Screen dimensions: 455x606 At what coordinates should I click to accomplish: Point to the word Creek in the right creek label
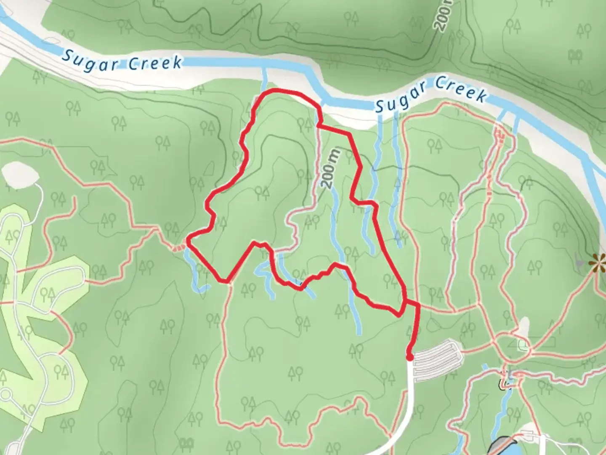tap(461, 89)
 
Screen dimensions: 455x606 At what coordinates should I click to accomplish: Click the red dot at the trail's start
tap(409, 358)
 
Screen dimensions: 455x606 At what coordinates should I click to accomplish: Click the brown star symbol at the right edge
tap(597, 264)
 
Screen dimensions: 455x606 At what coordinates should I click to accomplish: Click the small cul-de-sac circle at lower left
tap(6, 395)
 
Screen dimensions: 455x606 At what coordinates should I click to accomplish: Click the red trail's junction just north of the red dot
tap(405, 302)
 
